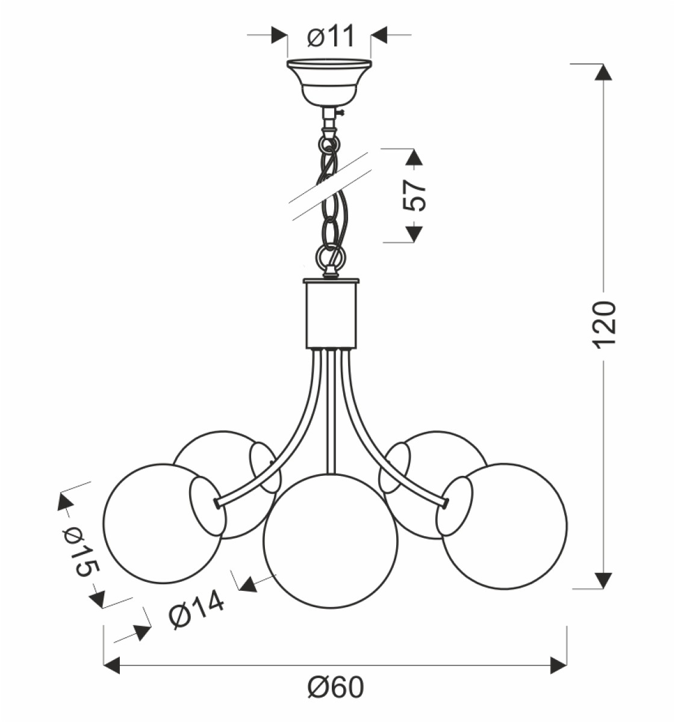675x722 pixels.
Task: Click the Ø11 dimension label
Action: coord(331,36)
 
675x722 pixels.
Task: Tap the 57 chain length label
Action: coord(414,195)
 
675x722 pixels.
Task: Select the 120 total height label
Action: coord(604,324)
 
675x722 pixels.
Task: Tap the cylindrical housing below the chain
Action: coord(331,313)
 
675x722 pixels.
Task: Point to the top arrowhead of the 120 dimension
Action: coord(603,72)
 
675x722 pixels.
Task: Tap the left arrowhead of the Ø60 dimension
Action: coord(112,665)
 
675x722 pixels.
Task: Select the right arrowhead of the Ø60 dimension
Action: coord(559,665)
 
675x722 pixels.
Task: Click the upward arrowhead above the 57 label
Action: coord(414,157)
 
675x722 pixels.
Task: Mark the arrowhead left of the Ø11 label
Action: coord(279,35)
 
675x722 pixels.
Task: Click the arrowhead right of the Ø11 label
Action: coord(379,35)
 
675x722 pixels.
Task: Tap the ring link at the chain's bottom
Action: coord(331,257)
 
